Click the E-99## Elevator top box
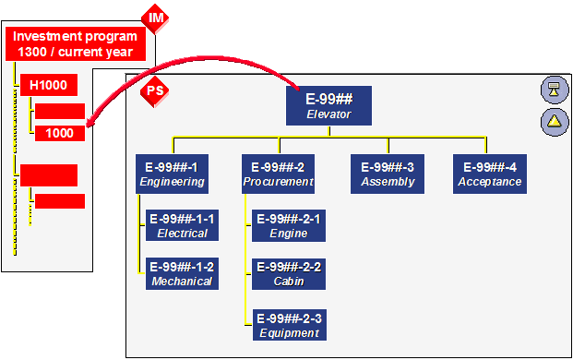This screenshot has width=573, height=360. tap(329, 104)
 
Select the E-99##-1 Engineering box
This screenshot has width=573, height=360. tap(171, 174)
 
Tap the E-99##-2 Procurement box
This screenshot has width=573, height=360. tap(279, 174)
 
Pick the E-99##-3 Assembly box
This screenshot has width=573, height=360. tap(388, 174)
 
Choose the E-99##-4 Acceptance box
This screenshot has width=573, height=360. tap(490, 174)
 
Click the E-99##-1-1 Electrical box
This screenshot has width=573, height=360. tap(181, 226)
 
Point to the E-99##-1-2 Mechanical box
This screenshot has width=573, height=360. tap(181, 273)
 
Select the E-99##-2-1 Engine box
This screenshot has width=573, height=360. tap(289, 226)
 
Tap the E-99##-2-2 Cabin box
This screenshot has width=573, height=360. tap(289, 273)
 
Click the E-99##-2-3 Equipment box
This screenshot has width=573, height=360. tap(289, 325)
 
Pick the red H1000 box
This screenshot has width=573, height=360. tap(48, 86)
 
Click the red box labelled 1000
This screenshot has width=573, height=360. tap(60, 133)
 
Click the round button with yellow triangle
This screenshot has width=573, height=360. tap(554, 120)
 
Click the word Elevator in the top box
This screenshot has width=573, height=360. tap(329, 114)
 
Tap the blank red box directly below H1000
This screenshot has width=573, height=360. tap(60, 112)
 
